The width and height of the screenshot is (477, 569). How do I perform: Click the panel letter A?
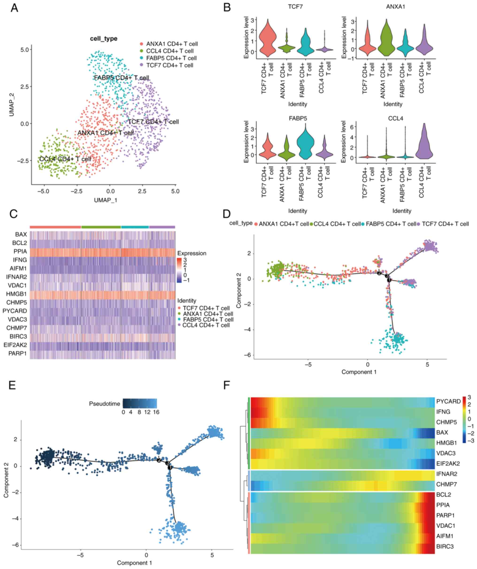[x=14, y=8]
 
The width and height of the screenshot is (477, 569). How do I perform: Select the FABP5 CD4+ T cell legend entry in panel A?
[x=171, y=58]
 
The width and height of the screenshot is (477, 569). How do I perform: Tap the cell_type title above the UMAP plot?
[x=104, y=39]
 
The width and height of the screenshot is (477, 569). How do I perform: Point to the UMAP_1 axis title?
[x=106, y=200]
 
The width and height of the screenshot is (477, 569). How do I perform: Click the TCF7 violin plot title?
[x=295, y=7]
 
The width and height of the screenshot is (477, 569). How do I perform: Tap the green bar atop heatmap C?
[x=101, y=227]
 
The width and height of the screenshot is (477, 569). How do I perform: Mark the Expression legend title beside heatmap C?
[x=192, y=253]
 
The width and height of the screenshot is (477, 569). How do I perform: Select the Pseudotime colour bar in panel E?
[x=140, y=403]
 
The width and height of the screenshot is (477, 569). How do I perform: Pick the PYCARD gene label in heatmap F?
[x=448, y=401]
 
